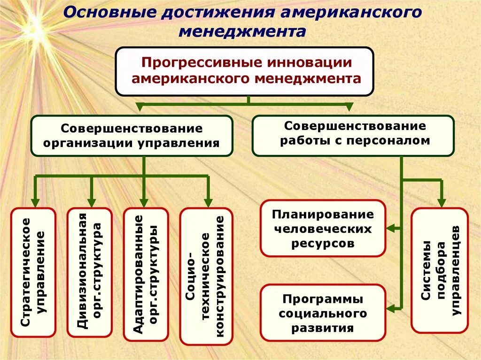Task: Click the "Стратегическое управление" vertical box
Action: [x=33, y=272]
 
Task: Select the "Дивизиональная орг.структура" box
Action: [x=90, y=272]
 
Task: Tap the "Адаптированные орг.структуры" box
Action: [x=146, y=274]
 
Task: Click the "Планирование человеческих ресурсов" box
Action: [x=323, y=229]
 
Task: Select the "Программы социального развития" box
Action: [x=323, y=313]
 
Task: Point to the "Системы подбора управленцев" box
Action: [x=440, y=270]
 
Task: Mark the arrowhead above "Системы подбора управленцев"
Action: [x=441, y=201]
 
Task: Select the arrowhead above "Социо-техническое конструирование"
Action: [x=207, y=200]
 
